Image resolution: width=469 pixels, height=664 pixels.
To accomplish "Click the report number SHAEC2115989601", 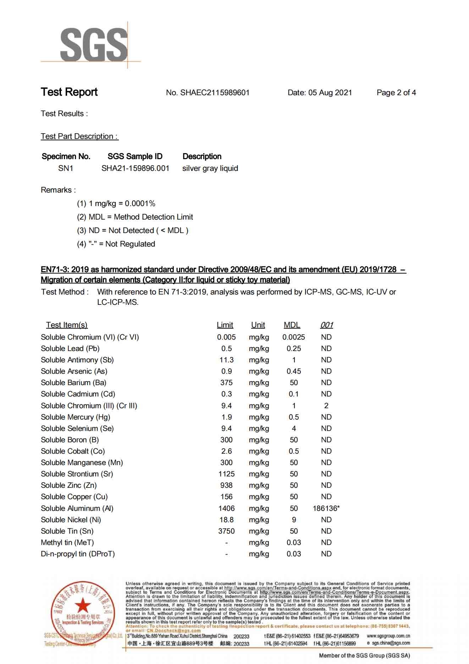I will [x=215, y=93].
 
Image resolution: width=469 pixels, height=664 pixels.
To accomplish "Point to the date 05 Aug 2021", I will [x=330, y=93].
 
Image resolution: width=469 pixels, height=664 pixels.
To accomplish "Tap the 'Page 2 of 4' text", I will [x=396, y=93].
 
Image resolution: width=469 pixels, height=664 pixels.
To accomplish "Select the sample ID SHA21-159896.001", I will [x=135, y=168].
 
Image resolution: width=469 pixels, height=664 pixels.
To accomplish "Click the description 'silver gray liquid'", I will [x=210, y=168].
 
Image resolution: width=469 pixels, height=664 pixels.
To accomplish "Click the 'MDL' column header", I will [x=292, y=325].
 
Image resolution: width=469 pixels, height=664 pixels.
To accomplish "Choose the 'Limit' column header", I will [x=225, y=325].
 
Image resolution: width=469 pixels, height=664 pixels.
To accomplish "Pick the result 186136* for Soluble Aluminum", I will [x=326, y=508].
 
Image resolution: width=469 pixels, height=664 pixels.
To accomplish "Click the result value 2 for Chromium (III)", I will [x=326, y=406].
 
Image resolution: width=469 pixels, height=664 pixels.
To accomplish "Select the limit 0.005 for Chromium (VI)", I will [x=226, y=337].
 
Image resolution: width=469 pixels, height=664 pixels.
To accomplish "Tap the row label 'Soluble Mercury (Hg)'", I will [x=75, y=417].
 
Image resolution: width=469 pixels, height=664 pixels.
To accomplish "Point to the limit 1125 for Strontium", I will [x=226, y=474].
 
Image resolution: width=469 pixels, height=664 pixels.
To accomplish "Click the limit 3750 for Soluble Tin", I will [x=226, y=531].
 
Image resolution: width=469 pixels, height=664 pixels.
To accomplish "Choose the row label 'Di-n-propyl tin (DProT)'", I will [x=78, y=554].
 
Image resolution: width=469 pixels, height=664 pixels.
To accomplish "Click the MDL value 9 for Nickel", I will [x=294, y=520].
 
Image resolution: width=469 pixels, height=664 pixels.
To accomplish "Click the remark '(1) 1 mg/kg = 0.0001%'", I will [x=116, y=204].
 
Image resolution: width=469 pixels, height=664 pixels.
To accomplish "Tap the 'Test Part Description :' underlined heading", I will [x=79, y=136].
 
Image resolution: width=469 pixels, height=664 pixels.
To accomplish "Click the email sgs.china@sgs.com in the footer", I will [x=391, y=643].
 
